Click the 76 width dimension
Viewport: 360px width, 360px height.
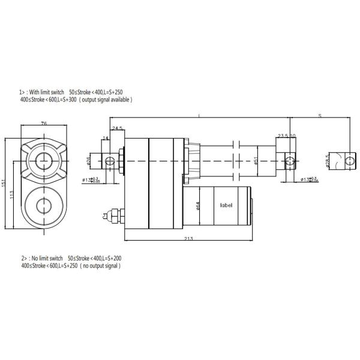[44, 124]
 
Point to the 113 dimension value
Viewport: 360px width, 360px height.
[13, 194]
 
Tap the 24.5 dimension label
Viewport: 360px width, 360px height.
[116, 128]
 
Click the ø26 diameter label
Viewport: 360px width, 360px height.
[88, 160]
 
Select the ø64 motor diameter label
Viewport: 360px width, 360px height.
[198, 205]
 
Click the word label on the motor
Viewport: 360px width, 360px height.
[227, 205]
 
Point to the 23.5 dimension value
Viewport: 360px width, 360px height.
[283, 135]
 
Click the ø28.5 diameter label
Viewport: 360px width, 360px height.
[328, 161]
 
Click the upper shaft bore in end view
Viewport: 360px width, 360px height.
[44, 160]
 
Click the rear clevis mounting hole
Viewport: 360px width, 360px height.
[110, 160]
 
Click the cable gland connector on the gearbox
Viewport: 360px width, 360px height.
[111, 214]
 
